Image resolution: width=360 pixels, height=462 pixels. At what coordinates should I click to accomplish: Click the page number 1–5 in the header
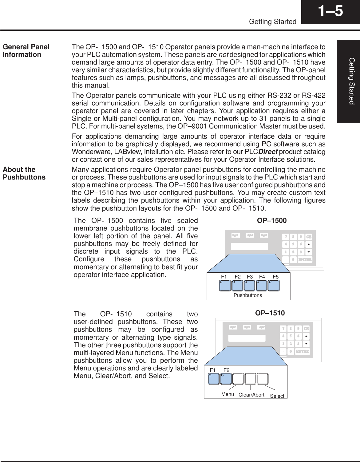coord(330,12)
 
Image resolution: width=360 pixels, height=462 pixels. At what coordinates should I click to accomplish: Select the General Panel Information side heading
coord(26,51)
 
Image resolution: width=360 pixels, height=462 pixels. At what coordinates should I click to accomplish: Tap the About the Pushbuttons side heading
coord(24,173)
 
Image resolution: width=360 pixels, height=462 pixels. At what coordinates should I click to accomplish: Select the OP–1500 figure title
coord(271,220)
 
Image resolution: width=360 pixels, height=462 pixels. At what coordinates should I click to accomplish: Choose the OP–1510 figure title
coord(270,313)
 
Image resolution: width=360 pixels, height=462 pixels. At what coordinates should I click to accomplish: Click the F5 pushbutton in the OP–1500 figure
coord(274,286)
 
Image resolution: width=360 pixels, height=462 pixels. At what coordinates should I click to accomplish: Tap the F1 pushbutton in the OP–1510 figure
coord(214,379)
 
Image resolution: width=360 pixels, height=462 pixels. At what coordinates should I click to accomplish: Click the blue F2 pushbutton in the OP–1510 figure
coord(226,379)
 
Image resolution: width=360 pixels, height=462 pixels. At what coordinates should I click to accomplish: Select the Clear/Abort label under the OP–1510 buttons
coord(251,395)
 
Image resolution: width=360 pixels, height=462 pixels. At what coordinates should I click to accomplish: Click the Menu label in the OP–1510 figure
coord(227,394)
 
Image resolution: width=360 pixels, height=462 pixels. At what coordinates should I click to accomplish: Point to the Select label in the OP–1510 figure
coord(277,396)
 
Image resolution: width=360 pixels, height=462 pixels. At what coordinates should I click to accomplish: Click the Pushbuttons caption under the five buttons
coord(248,295)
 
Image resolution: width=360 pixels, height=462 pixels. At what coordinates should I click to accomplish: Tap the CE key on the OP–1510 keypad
coord(307,329)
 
